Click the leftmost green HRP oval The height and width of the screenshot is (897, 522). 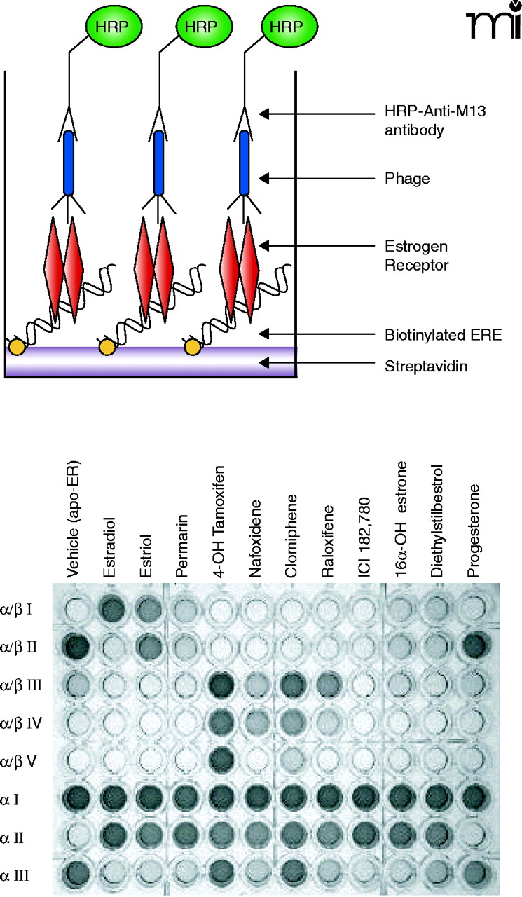(114, 27)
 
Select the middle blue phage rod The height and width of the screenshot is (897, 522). (158, 162)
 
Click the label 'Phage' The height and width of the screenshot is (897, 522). (406, 179)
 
